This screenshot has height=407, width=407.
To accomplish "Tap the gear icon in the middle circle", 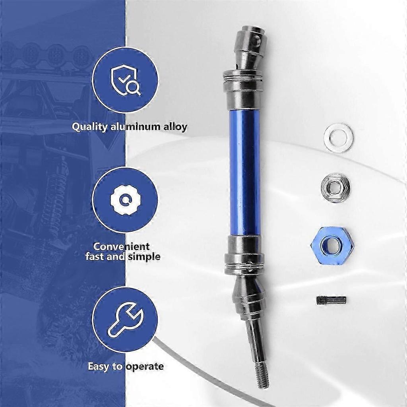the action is (125, 200).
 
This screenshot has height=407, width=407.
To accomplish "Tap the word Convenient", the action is (121, 246).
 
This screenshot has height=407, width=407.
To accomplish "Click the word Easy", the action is (99, 366).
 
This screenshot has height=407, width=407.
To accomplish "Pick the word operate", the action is (145, 367).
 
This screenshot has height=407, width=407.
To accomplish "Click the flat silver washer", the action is (339, 138).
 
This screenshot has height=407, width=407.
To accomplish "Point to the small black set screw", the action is (331, 300).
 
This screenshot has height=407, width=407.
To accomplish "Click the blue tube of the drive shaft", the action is (245, 172).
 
